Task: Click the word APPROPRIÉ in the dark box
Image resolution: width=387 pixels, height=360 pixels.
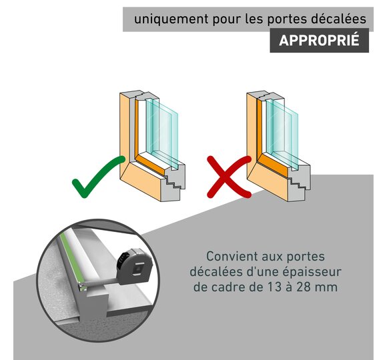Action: coord(319,40)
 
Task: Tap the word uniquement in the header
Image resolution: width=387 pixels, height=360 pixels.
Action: coord(171,19)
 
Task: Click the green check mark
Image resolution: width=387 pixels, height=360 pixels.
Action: coord(98,177)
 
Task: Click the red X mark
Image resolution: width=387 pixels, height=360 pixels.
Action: coord(229,177)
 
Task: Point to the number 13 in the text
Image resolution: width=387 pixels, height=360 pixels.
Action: coord(274,287)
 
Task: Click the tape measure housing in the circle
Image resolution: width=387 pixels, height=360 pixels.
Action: coord(135,266)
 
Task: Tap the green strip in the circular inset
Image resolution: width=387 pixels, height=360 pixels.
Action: coord(72,259)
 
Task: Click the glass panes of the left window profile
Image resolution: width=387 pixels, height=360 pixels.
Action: coord(162,133)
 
